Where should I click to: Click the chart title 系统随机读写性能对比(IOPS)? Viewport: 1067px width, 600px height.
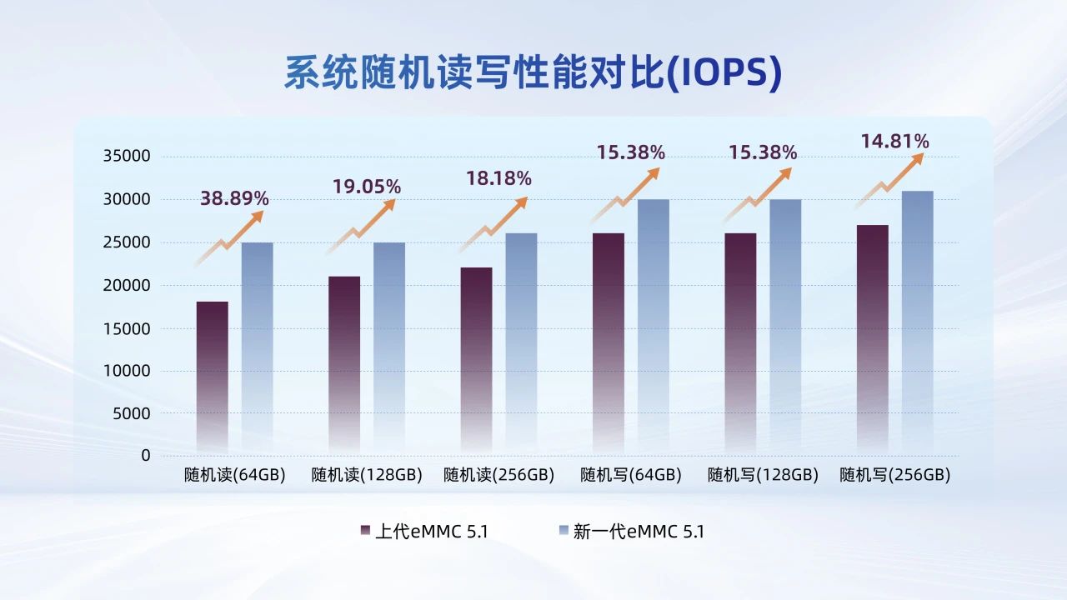(533, 73)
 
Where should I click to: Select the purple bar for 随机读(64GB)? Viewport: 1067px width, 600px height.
(212, 375)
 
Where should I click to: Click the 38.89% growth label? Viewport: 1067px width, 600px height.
(234, 198)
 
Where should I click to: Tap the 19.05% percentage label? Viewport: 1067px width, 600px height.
(367, 187)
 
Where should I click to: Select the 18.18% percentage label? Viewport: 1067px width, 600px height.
(498, 178)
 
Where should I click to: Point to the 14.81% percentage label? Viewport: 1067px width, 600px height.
(894, 141)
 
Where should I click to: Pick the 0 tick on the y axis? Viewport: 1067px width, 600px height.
(146, 456)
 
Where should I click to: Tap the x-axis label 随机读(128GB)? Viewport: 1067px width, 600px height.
(367, 476)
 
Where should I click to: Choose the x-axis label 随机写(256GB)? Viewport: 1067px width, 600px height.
(894, 476)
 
